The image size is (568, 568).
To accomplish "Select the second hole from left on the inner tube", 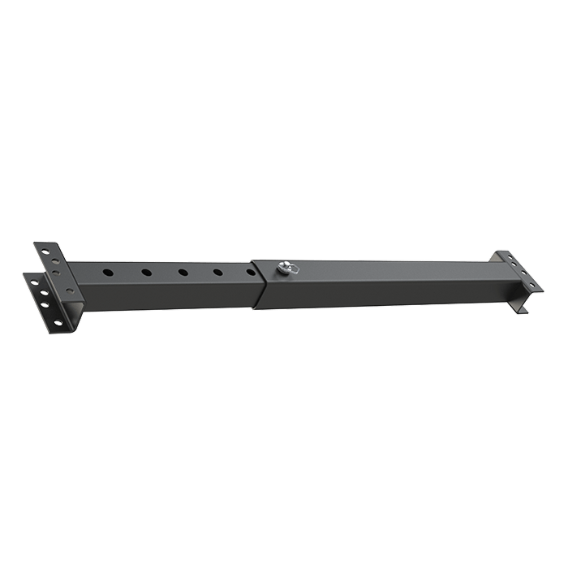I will (145, 273).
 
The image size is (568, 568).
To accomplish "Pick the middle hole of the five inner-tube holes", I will (183, 272).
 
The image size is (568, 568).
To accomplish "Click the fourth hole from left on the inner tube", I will (218, 271).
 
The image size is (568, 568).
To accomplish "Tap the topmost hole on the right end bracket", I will (512, 260).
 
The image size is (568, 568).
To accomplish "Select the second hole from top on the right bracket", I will (519, 268).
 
